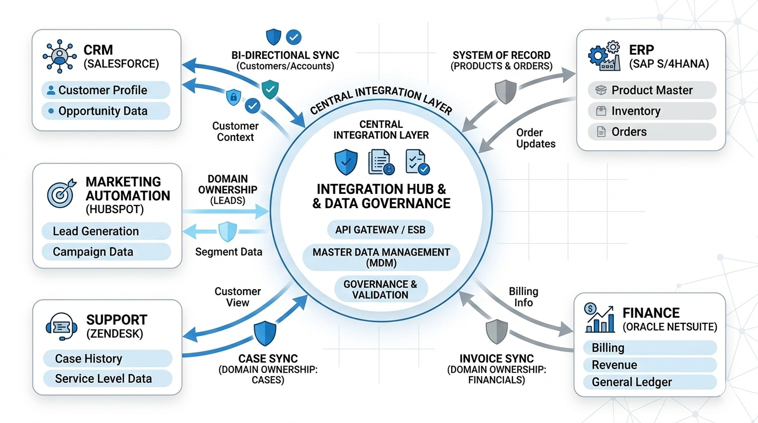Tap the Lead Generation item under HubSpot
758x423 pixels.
click(x=106, y=231)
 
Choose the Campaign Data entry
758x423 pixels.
click(x=106, y=252)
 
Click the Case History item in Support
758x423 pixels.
click(x=107, y=359)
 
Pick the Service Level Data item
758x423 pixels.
click(x=107, y=379)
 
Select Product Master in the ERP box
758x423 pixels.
click(x=652, y=90)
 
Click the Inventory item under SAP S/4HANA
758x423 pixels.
click(x=652, y=111)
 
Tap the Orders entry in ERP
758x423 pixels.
click(x=652, y=132)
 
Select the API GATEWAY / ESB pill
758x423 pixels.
click(x=380, y=230)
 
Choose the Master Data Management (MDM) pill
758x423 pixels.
click(x=381, y=258)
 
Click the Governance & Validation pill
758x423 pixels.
click(x=381, y=290)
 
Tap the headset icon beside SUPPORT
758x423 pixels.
click(x=61, y=326)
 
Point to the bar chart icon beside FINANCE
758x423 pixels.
click(x=599, y=318)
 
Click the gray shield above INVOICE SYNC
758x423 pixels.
click(x=496, y=332)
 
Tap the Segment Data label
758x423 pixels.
click(x=229, y=252)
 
